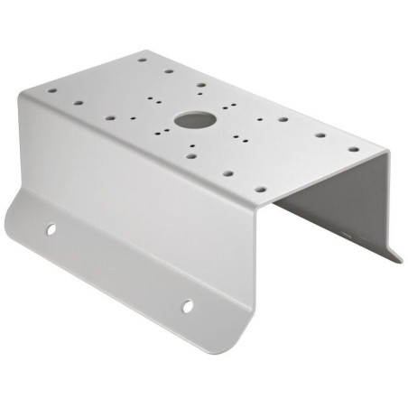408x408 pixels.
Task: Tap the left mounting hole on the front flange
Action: click(51, 228)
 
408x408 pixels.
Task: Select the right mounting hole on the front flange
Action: click(188, 306)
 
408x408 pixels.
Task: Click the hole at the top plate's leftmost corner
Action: click(51, 90)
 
